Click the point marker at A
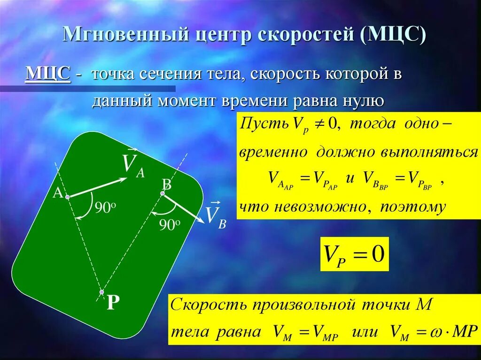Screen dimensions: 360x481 point(67,198)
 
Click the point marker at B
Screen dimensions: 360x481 point(163,193)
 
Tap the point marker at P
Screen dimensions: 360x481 point(102,292)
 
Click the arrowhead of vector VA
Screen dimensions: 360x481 point(125,179)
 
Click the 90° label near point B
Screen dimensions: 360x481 point(170,225)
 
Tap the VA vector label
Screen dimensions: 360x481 point(133,165)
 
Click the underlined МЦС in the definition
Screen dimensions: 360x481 point(48,74)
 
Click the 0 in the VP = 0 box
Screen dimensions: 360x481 point(378,255)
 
